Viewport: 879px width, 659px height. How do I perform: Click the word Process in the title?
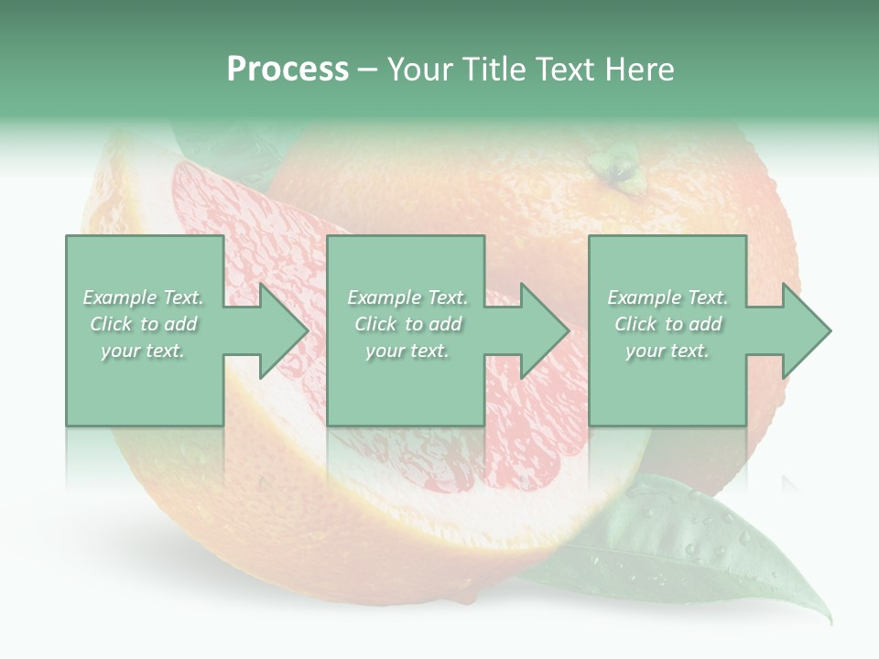(x=288, y=70)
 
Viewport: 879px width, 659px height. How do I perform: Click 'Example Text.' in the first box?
(x=144, y=297)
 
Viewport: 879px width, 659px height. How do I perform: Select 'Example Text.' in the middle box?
(x=407, y=297)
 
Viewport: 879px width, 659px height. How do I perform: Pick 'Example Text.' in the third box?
(x=667, y=297)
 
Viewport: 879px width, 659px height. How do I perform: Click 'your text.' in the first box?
(x=143, y=351)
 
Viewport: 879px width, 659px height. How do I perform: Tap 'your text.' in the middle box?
(x=407, y=351)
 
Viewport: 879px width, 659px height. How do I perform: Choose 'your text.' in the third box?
(x=667, y=351)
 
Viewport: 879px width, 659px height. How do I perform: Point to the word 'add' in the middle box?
(x=444, y=324)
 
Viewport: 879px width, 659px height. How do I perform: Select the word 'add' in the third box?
(x=704, y=324)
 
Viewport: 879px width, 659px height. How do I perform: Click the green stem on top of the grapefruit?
(x=614, y=169)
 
